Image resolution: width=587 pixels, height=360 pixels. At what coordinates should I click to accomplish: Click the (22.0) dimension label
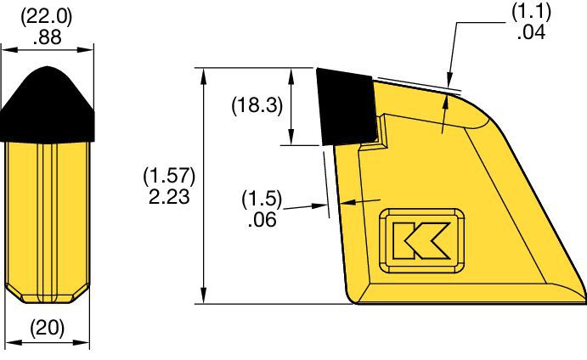pyautogui.click(x=47, y=17)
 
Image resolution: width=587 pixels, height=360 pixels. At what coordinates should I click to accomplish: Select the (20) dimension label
pyautogui.click(x=48, y=327)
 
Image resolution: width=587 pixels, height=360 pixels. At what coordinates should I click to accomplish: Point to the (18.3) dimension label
pyautogui.click(x=257, y=106)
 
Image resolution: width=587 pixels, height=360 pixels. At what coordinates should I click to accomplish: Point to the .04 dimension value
pyautogui.click(x=531, y=32)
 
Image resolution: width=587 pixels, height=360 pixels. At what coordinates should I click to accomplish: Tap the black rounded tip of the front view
pyautogui.click(x=48, y=102)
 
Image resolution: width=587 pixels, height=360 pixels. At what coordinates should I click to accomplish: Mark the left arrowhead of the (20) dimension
pyautogui.click(x=10, y=344)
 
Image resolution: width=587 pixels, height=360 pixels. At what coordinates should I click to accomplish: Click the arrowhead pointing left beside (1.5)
pyautogui.click(x=341, y=202)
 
